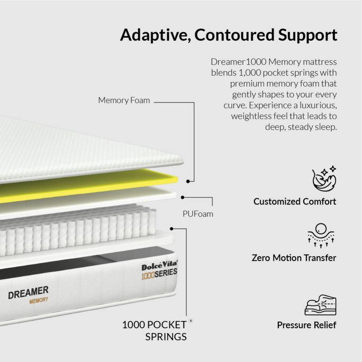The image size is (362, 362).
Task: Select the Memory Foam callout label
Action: click(x=124, y=101)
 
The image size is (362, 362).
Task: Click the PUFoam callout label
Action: click(x=198, y=214)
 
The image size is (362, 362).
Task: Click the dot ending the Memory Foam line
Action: click(x=188, y=182)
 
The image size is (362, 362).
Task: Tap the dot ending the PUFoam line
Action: click(x=183, y=197)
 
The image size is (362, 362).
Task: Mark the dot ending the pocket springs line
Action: click(x=171, y=229)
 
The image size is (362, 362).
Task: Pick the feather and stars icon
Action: click(x=324, y=178)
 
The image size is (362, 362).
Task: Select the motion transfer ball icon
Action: click(x=321, y=236)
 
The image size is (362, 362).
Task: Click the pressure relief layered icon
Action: click(x=320, y=305)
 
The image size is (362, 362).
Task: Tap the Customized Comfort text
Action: click(x=295, y=202)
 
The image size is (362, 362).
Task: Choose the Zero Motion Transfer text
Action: click(x=294, y=258)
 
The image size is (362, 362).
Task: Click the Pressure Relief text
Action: click(x=306, y=325)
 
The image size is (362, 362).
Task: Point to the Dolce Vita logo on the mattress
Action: click(x=159, y=266)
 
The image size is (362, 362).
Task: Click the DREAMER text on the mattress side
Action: click(x=29, y=293)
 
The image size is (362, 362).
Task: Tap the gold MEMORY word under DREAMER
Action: click(x=39, y=301)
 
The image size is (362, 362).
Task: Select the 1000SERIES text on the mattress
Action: click(x=159, y=274)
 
